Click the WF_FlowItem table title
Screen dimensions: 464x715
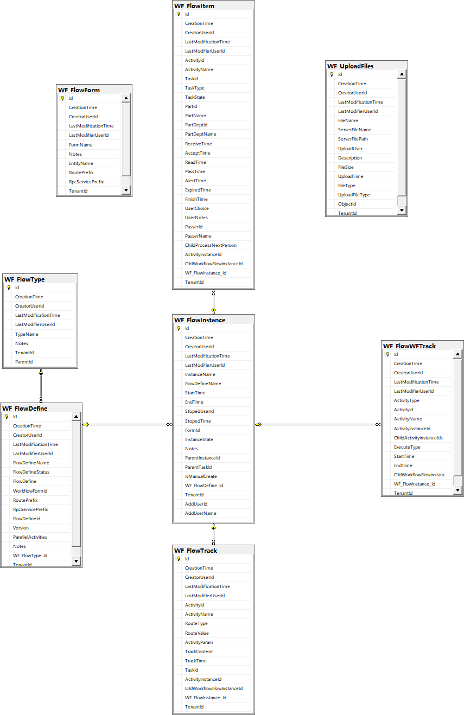pyautogui.click(x=194, y=6)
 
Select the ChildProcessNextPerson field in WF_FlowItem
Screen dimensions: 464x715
pyautogui.click(x=211, y=245)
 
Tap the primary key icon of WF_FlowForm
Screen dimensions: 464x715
pyautogui.click(x=62, y=98)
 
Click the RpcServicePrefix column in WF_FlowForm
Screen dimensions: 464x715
pyautogui.click(x=86, y=182)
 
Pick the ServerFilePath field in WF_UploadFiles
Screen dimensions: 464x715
pyautogui.click(x=353, y=139)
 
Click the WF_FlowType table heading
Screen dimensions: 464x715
pyautogui.click(x=24, y=279)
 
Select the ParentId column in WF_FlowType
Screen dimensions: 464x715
pyautogui.click(x=24, y=362)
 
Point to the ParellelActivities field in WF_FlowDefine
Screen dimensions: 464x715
pyautogui.click(x=30, y=537)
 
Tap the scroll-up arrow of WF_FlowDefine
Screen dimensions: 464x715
pyautogui.click(x=76, y=416)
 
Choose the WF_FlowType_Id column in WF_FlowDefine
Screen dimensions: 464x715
pyautogui.click(x=30, y=556)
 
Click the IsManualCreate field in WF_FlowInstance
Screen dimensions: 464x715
pyautogui.click(x=201, y=476)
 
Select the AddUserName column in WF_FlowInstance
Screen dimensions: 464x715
pyautogui.click(x=201, y=513)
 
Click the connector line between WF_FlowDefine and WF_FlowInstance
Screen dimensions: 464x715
pyautogui.click(x=128, y=425)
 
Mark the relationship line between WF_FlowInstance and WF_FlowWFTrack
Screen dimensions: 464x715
pyautogui.click(x=318, y=425)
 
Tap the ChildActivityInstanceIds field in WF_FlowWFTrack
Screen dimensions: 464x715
pyautogui.click(x=418, y=438)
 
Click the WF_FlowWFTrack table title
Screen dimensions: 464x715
pyautogui.click(x=409, y=346)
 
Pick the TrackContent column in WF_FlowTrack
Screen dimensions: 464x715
pyautogui.click(x=199, y=652)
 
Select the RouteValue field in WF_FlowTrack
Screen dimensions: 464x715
pyautogui.click(x=196, y=633)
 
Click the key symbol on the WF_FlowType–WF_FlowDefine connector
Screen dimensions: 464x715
pyautogui.click(x=41, y=372)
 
